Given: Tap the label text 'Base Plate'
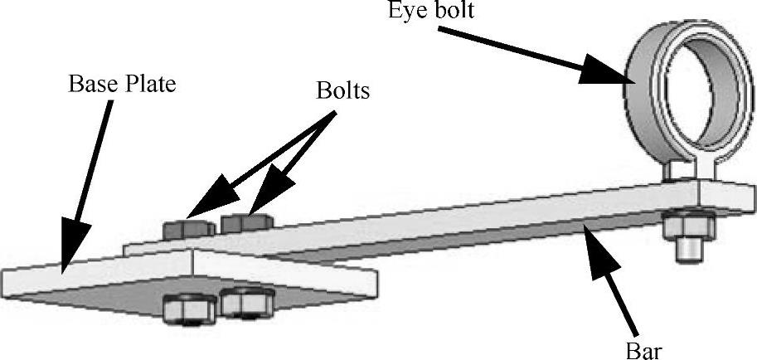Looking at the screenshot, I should [x=123, y=85].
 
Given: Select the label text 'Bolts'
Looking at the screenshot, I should [x=342, y=90].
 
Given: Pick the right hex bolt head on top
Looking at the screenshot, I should [x=246, y=221].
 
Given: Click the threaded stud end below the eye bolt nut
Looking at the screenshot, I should [x=687, y=250].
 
